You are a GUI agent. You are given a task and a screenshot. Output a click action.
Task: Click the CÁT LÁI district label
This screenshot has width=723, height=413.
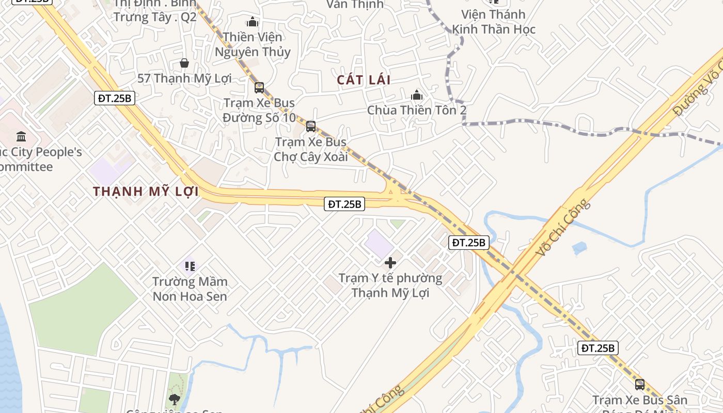click(364, 80)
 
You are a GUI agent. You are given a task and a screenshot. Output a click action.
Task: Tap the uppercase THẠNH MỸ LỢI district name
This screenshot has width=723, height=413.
click(146, 192)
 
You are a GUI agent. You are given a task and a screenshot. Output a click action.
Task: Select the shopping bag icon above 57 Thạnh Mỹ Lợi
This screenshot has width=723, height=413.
click(184, 63)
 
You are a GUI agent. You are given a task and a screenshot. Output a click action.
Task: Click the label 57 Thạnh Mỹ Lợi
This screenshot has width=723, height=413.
click(184, 78)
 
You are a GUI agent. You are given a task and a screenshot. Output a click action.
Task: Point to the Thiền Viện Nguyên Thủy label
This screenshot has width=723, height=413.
click(253, 44)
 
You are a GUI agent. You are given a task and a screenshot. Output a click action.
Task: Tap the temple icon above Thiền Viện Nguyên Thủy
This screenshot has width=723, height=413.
click(253, 22)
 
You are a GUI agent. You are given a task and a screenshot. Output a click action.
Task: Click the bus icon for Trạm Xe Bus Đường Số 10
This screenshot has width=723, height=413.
click(259, 88)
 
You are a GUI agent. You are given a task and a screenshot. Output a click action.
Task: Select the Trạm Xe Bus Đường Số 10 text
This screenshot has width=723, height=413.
click(259, 110)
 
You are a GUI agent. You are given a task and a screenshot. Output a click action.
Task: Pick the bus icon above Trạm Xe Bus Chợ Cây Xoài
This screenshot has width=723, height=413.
click(311, 126)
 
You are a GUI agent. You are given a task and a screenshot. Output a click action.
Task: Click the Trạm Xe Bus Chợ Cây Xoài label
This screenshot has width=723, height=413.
click(311, 149)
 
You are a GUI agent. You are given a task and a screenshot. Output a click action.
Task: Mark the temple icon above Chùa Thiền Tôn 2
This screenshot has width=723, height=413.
click(417, 96)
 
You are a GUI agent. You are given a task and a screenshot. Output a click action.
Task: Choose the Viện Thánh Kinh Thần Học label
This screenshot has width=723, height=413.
click(494, 22)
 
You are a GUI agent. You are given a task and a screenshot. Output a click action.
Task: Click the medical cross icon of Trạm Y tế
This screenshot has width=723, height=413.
click(390, 263)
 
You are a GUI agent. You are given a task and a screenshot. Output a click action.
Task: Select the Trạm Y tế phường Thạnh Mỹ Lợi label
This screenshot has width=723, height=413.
click(390, 285)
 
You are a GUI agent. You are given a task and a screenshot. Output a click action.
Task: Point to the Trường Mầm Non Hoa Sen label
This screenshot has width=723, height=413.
click(190, 289)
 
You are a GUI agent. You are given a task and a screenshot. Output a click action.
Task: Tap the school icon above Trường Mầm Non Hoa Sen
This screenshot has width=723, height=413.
click(190, 266)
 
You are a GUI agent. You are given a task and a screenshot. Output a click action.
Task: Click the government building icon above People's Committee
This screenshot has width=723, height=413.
click(21, 137)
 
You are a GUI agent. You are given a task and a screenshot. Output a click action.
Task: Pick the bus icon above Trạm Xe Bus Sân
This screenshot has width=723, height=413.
click(640, 385)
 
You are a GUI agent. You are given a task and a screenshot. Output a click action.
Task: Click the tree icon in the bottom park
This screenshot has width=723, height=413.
click(175, 399)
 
